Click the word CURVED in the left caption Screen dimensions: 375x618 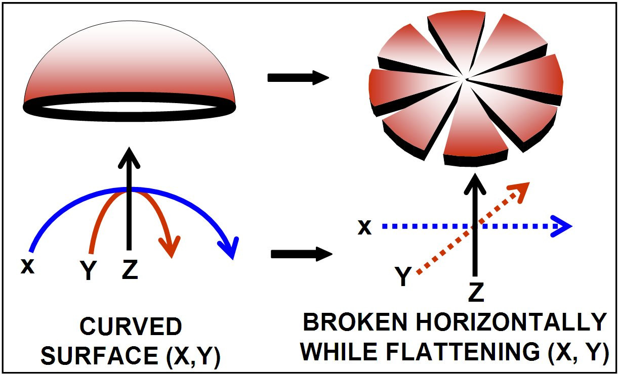tap(131, 327)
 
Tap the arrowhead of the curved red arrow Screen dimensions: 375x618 tap(170, 246)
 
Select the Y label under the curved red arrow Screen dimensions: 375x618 tap(89, 271)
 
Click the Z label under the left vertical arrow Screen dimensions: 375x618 tap(130, 270)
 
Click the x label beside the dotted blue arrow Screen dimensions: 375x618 tap(364, 227)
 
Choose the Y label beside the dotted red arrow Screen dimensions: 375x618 tap(403, 277)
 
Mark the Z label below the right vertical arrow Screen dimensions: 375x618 tap(476, 293)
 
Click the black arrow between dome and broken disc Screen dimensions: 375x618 tap(298, 78)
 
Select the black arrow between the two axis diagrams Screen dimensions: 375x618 tap(301, 253)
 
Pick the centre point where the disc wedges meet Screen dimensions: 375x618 tap(466, 79)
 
